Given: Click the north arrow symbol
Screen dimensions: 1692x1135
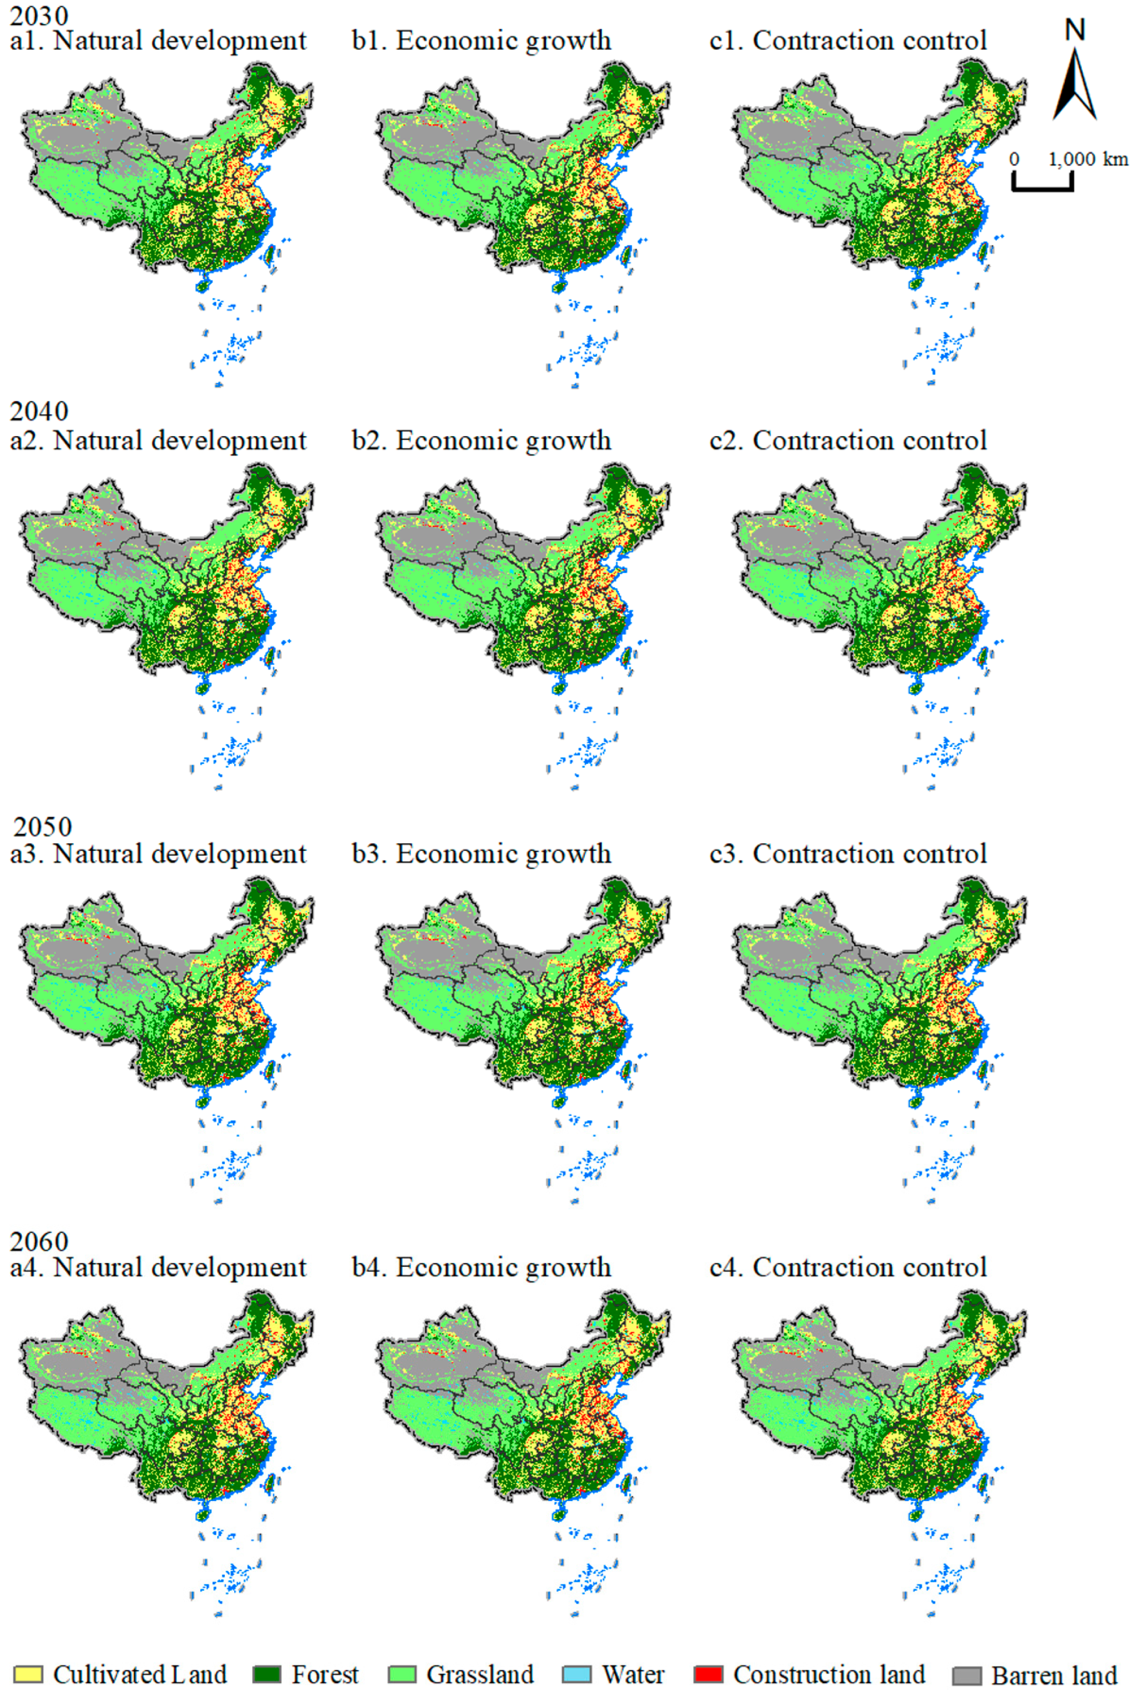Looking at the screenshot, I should pyautogui.click(x=1075, y=86).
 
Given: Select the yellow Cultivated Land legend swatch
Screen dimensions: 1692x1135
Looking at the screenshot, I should pyautogui.click(x=28, y=1674).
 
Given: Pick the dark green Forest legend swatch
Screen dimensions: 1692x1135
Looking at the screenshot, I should pyautogui.click(x=266, y=1674).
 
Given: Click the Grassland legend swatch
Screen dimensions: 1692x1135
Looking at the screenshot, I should pyautogui.click(x=402, y=1674).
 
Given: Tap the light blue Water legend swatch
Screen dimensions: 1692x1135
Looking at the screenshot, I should pyautogui.click(x=576, y=1674).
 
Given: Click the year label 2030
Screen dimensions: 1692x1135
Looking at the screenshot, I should pyautogui.click(x=39, y=16).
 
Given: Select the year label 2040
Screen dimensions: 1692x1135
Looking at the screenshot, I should pyautogui.click(x=39, y=411).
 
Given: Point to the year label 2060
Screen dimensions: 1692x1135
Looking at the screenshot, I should pyautogui.click(x=39, y=1241).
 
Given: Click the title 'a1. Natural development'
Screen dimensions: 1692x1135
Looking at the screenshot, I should pyautogui.click(x=159, y=41).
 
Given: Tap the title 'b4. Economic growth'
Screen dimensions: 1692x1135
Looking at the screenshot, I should pyautogui.click(x=482, y=1268).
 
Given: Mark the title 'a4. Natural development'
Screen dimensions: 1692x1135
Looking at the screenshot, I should pyautogui.click(x=159, y=1268).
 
